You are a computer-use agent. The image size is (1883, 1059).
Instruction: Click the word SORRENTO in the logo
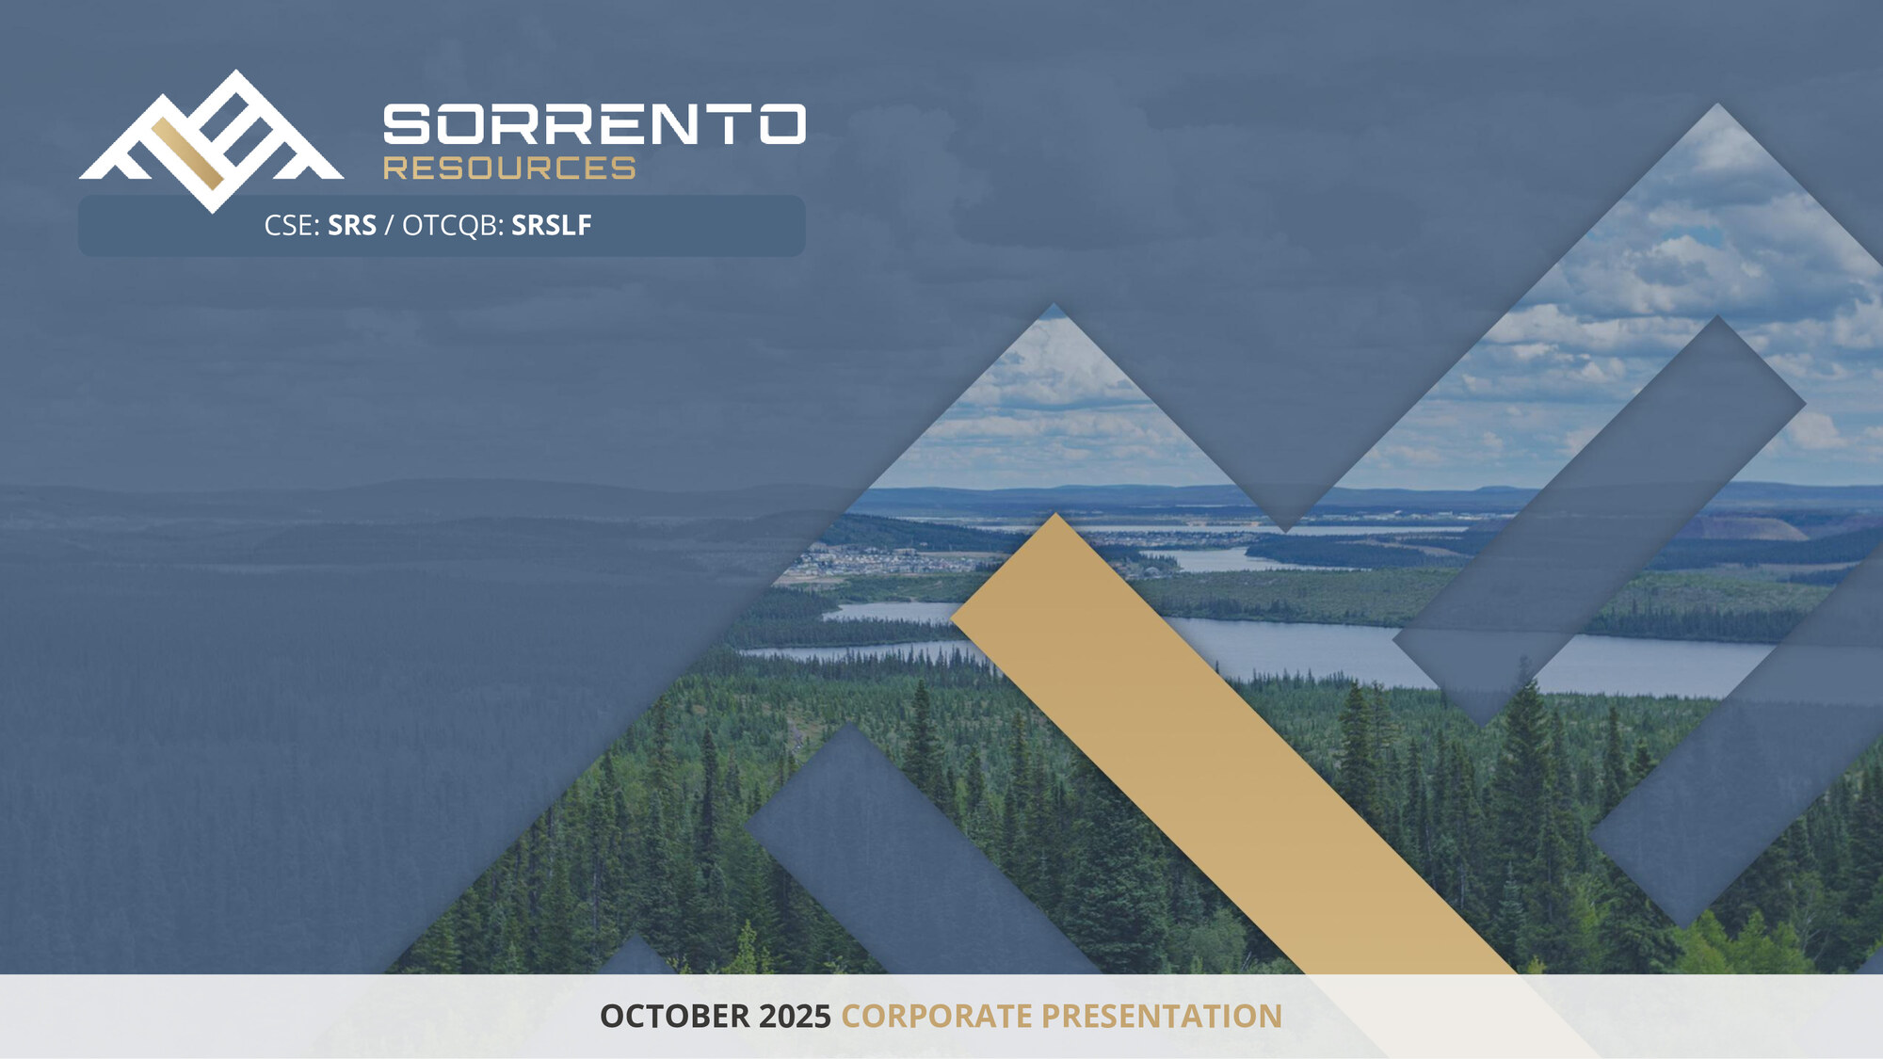[x=594, y=124]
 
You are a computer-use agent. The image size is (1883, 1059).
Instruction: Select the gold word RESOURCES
[x=509, y=168]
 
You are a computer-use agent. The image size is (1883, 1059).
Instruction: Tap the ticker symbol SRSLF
[x=552, y=225]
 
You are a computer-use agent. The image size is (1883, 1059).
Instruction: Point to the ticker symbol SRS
[x=352, y=225]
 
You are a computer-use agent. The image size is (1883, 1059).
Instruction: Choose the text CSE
[x=288, y=225]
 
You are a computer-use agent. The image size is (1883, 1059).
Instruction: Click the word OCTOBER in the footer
[x=675, y=1017]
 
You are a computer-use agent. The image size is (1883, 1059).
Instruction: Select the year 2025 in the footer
[x=796, y=1017]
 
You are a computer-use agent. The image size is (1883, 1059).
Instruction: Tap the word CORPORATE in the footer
[x=937, y=1017]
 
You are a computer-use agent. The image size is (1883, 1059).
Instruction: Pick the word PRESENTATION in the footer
[x=1162, y=1017]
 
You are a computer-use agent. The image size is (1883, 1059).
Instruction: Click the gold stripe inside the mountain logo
[x=187, y=152]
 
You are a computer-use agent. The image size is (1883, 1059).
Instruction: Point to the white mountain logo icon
[x=212, y=140]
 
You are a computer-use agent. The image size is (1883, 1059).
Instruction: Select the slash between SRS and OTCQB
[x=389, y=226]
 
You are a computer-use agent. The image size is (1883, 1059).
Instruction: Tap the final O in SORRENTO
[x=782, y=124]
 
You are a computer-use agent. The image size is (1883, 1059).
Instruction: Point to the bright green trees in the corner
[x=1742, y=941]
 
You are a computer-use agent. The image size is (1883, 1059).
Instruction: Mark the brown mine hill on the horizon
[x=1742, y=527]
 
